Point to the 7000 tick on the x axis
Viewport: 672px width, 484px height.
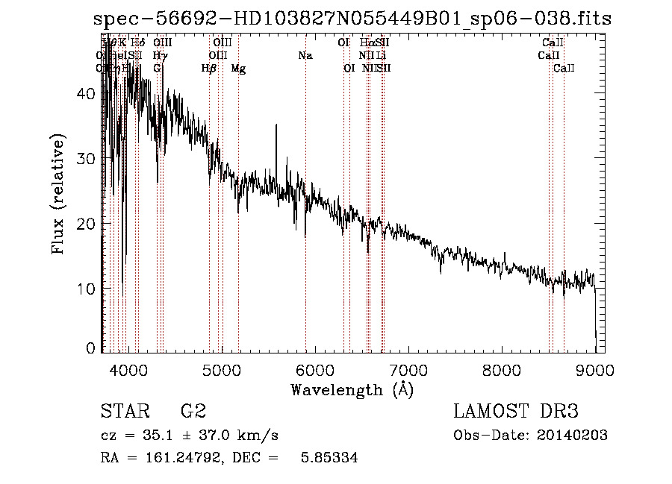click(408, 369)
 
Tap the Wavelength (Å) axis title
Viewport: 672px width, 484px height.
click(352, 389)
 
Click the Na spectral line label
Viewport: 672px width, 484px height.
click(305, 55)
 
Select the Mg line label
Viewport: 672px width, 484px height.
click(238, 69)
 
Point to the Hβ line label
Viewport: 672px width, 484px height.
click(209, 69)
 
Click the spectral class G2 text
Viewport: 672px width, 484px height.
click(193, 412)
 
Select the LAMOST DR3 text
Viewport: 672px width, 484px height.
click(515, 412)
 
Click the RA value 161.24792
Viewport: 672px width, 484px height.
click(173, 458)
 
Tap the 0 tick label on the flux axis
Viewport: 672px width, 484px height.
click(90, 348)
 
